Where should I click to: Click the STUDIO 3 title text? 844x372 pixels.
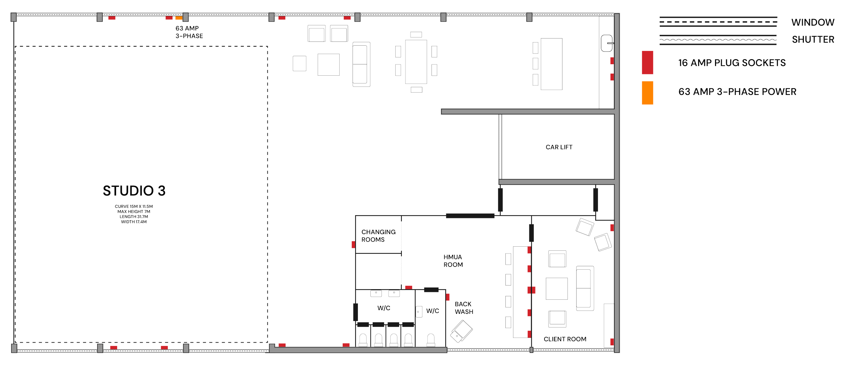click(x=134, y=191)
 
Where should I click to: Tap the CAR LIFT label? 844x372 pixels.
click(x=559, y=147)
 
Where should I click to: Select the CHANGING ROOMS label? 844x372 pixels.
click(x=378, y=236)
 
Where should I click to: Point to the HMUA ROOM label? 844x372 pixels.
click(x=453, y=261)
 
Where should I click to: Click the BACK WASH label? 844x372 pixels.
click(x=464, y=308)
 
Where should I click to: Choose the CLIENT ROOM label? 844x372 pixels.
click(x=565, y=339)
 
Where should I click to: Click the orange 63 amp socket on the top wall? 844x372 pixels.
click(x=179, y=18)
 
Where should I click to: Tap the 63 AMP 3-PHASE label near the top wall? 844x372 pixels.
click(x=189, y=32)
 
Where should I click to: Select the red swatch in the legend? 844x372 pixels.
click(x=647, y=63)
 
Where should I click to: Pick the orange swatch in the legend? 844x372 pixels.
click(x=647, y=93)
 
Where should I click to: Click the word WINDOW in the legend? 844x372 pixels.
click(x=813, y=23)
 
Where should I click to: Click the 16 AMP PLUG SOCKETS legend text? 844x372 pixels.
click(x=732, y=63)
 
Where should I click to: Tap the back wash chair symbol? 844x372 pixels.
click(x=461, y=331)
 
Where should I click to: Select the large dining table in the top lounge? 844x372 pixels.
click(x=416, y=62)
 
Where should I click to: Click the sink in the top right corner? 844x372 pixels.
click(x=607, y=43)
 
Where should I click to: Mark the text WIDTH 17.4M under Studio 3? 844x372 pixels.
click(x=134, y=222)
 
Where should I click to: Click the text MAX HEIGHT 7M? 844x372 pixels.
click(x=134, y=212)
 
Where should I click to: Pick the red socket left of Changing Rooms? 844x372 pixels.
click(x=353, y=245)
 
